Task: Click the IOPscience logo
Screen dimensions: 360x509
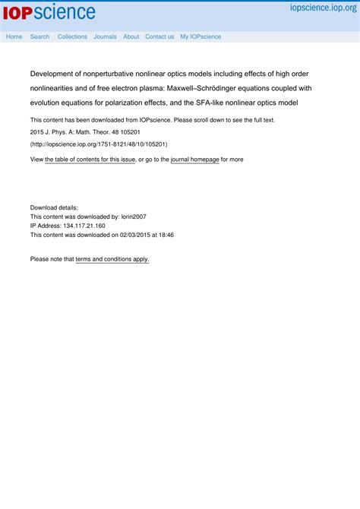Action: click(49, 12)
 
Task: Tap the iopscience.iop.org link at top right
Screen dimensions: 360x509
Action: click(322, 8)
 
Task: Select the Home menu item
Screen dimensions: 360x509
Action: click(14, 36)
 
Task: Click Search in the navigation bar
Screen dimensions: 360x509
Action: click(39, 36)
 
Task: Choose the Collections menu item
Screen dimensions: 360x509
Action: click(72, 36)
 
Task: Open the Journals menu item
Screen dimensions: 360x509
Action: click(105, 36)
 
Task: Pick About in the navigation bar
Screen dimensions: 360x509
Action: click(131, 36)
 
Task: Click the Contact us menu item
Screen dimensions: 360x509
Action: click(159, 36)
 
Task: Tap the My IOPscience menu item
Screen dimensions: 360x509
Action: click(201, 36)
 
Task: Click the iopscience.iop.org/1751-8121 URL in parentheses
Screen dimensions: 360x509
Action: click(99, 144)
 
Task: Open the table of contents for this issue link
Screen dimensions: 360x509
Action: click(90, 160)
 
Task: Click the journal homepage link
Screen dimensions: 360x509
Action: click(194, 160)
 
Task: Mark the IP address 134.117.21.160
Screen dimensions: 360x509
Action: click(79, 226)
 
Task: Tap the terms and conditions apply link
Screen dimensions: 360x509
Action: click(112, 259)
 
